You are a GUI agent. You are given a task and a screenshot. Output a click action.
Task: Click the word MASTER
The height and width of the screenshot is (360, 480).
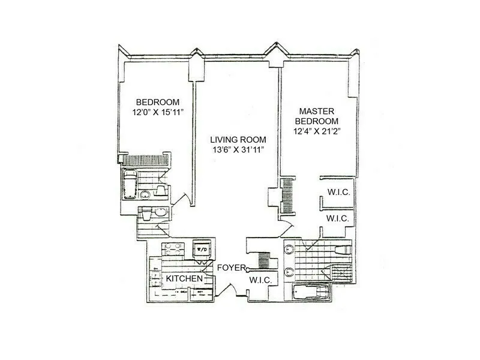point(316,112)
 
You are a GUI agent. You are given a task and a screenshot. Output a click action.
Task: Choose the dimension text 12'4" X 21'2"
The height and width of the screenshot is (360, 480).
point(316,132)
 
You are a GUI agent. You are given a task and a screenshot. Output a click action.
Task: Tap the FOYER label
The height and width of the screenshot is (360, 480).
point(231,268)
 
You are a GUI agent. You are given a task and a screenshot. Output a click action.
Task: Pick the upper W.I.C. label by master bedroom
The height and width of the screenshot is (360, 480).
point(338,193)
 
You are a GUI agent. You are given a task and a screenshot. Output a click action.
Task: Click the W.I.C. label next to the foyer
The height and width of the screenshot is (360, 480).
point(261,280)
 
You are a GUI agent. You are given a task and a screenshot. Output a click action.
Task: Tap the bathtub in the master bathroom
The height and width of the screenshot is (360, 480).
point(310,292)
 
